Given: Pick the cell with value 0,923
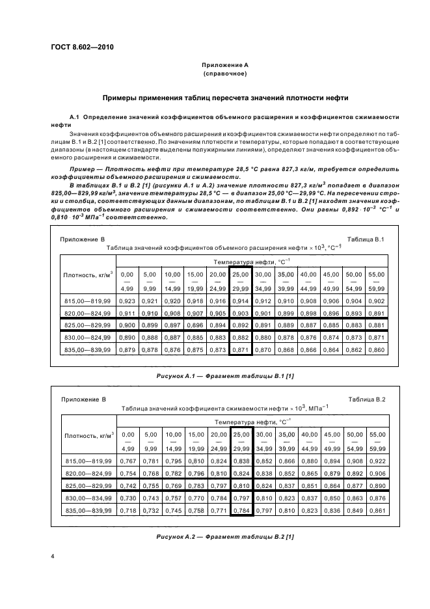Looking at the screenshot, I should pos(128,301).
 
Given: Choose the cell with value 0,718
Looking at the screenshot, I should pos(128,510).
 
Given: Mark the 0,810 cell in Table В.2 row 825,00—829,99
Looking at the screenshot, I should pos(241,485).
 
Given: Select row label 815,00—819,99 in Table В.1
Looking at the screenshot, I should pos(88,301).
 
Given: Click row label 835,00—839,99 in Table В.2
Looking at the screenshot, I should pos(88,510).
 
